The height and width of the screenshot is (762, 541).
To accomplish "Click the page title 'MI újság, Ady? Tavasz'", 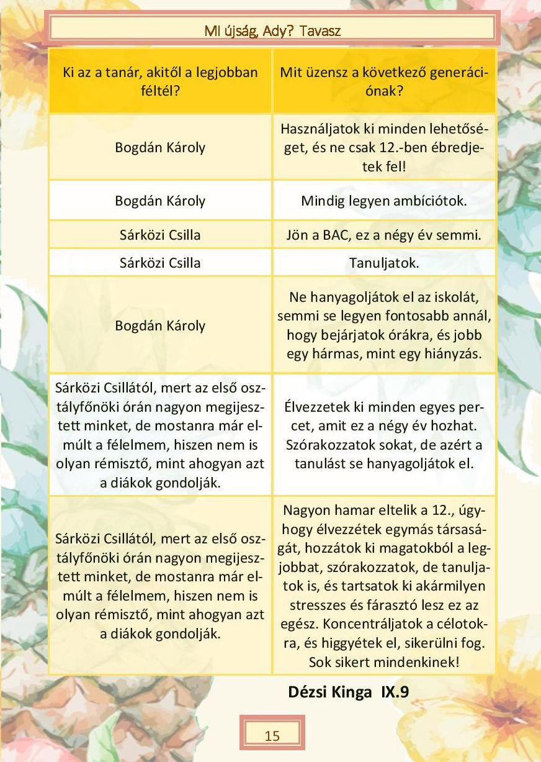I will pyautogui.click(x=272, y=30).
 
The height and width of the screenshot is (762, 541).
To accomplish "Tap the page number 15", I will pyautogui.click(x=272, y=737).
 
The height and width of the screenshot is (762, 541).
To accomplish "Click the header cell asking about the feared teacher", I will pyautogui.click(x=160, y=82).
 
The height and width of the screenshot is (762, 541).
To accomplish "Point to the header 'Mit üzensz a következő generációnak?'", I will pyautogui.click(x=384, y=82).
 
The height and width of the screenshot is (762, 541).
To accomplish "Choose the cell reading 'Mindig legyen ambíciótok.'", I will pyautogui.click(x=384, y=201).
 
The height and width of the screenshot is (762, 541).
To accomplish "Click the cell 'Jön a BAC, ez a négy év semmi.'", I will pyautogui.click(x=384, y=235).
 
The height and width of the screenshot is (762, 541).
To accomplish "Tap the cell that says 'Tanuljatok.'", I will pyautogui.click(x=384, y=263).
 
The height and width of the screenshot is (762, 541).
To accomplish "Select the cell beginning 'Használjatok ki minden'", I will pyautogui.click(x=384, y=148).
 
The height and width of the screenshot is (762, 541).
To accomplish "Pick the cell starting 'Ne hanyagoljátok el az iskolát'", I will pyautogui.click(x=384, y=325).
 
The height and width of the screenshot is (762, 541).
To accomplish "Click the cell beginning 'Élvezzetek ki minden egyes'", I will pyautogui.click(x=384, y=435).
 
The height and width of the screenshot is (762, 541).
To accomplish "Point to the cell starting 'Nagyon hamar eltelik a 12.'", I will pyautogui.click(x=384, y=586).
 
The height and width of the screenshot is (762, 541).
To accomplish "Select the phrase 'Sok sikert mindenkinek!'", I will pyautogui.click(x=384, y=662).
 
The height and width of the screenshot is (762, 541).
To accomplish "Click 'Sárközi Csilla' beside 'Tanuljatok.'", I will pyautogui.click(x=160, y=263).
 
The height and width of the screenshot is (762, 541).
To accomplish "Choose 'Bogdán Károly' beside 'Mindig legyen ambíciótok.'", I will pyautogui.click(x=160, y=201).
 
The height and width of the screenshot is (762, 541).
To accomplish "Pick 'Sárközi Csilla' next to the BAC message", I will pyautogui.click(x=160, y=235).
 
